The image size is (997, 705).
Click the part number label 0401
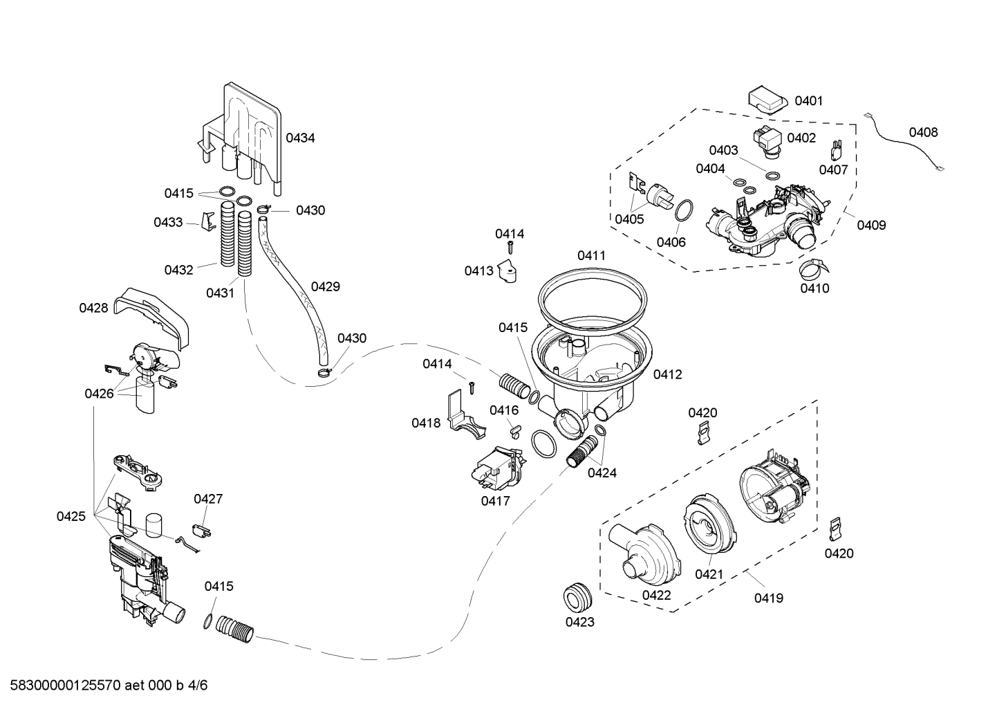point(808,101)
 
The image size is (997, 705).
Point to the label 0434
point(300,138)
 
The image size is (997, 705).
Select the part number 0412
point(667,374)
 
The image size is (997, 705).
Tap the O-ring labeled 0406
point(682,211)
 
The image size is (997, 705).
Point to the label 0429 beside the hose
point(325,286)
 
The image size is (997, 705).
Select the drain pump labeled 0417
point(497,469)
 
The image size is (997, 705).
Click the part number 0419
point(768,598)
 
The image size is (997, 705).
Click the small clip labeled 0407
point(836,149)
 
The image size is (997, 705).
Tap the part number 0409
point(871,225)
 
